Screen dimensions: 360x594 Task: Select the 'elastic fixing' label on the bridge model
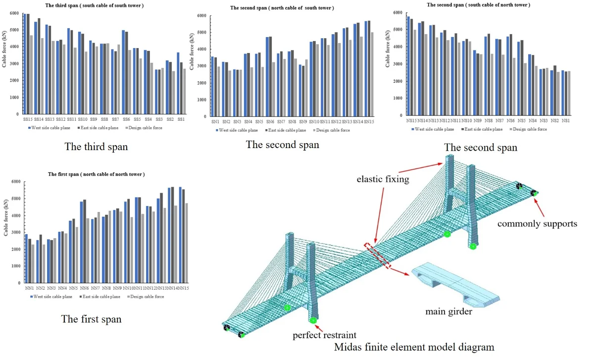pos(383,179)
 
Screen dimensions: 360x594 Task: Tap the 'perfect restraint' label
pos(324,335)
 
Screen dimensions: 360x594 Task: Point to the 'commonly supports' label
pos(537,223)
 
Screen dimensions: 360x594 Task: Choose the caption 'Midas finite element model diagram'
pos(414,347)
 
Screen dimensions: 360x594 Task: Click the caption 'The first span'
pos(91,319)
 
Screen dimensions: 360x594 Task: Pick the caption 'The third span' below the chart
pos(96,147)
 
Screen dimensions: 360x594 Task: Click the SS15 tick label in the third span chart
pos(28,119)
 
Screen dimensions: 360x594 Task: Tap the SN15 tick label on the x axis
pos(369,122)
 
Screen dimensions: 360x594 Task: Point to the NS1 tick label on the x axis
pos(566,120)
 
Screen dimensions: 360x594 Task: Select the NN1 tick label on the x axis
pos(29,288)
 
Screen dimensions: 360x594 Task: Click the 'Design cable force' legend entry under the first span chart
pos(147,297)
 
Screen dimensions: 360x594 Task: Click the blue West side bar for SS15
pos(25,64)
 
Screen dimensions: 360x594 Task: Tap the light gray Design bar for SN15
pos(372,74)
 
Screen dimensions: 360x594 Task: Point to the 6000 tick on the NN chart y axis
pos(17,182)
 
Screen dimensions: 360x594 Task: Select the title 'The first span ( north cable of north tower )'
pos(96,174)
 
